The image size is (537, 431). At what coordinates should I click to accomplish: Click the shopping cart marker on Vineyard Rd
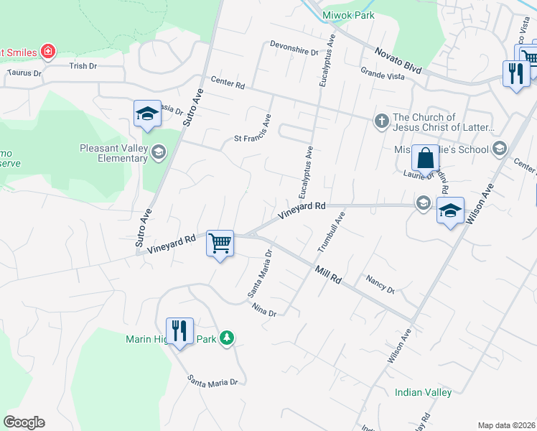coord(220,243)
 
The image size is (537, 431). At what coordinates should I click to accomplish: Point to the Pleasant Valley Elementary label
coord(114,149)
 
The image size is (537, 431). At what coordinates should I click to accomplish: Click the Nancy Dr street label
coord(380,284)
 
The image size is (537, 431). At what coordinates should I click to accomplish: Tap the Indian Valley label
coord(423,392)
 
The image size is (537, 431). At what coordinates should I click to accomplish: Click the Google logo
coord(24,422)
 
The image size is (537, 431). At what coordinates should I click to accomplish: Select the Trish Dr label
coord(83,65)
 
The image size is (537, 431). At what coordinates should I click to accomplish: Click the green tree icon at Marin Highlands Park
coord(227,338)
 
